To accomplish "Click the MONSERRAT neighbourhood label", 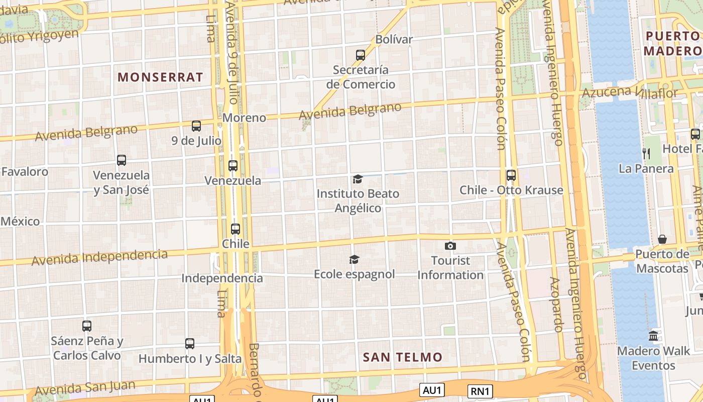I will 161,77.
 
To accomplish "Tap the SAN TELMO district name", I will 403,357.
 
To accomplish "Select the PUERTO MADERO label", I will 673,43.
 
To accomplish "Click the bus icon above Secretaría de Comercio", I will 361,55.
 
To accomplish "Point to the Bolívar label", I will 394,39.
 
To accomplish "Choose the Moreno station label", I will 244,118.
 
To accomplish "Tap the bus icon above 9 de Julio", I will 196,126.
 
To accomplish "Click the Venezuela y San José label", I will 122,182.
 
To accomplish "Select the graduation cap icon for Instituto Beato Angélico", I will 358,179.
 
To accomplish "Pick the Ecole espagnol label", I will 355,274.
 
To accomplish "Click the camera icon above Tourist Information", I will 450,246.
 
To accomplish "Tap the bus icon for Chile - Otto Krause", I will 511,175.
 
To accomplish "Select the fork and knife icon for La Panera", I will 647,154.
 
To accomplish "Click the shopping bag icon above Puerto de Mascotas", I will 662,239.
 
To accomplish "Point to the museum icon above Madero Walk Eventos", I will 653,336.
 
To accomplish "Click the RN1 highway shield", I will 481,391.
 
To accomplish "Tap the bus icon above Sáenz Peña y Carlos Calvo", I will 87,326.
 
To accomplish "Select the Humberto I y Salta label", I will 190,359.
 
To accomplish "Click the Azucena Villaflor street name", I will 630,92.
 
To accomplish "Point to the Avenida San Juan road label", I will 85,388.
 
